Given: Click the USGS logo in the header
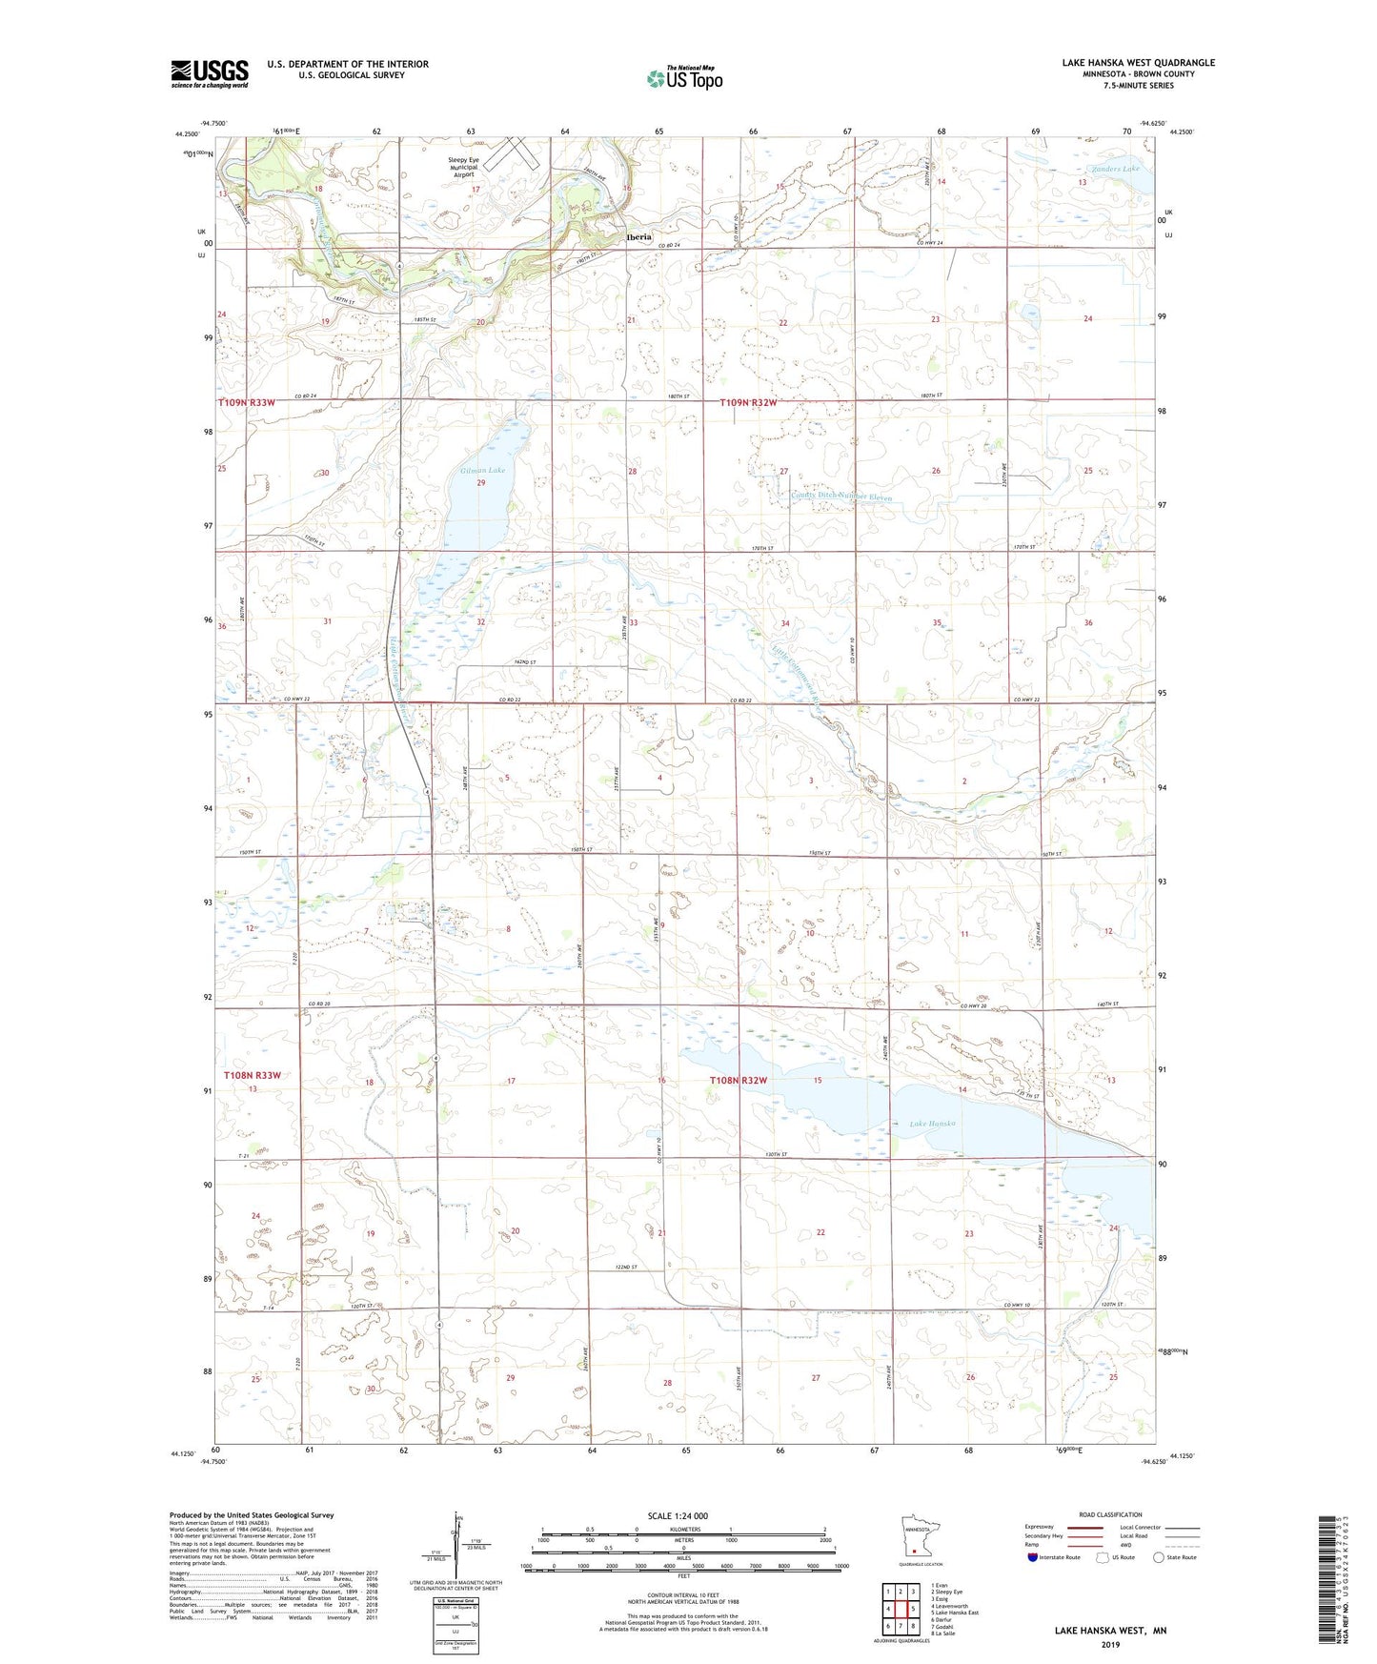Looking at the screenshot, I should click(x=210, y=73).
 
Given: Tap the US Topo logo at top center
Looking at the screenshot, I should click(x=684, y=78).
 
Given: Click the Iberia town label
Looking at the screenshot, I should click(x=638, y=237).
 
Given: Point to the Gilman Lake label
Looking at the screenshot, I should click(x=483, y=471).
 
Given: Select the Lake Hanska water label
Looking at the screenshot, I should click(x=932, y=1124).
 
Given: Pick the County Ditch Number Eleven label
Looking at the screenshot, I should click(x=841, y=497).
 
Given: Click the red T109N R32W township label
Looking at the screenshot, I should click(x=748, y=403).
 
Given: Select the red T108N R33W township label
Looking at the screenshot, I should click(x=253, y=1075).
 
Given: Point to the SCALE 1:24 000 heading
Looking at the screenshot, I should click(x=677, y=1515).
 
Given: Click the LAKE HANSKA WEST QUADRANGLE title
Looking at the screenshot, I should click(x=1138, y=63).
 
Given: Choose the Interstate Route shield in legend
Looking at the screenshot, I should click(x=1033, y=1557).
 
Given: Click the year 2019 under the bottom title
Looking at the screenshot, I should click(x=1109, y=1644).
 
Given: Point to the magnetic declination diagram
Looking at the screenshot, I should click(x=456, y=1550).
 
